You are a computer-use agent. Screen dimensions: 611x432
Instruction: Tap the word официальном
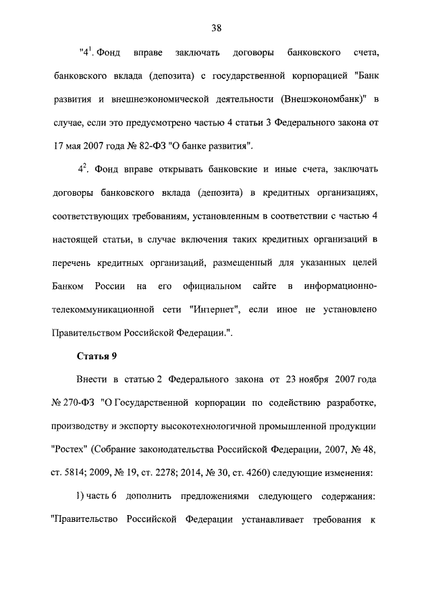[209, 288]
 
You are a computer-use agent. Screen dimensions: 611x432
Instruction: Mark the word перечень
[74, 265]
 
